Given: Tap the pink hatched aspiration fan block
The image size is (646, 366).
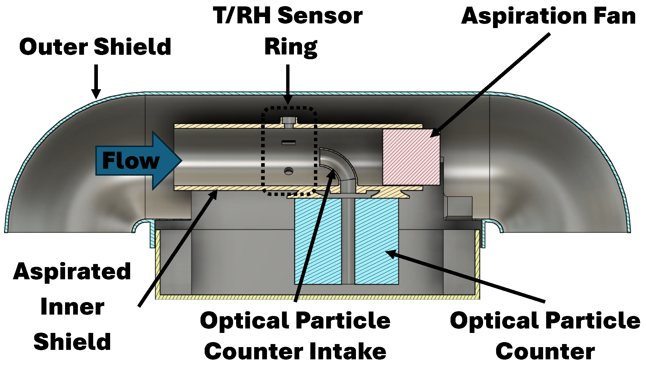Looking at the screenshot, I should [x=411, y=157].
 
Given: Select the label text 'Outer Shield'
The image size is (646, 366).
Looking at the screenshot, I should [x=95, y=47].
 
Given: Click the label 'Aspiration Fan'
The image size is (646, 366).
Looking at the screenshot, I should [x=548, y=16].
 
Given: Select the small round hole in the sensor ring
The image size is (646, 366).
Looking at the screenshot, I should [x=289, y=171].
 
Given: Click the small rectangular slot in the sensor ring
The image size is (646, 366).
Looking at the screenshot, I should [x=289, y=143].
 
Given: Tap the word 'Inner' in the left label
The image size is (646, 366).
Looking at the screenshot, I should [x=72, y=307].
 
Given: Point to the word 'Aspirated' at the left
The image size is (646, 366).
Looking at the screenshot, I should [x=72, y=272].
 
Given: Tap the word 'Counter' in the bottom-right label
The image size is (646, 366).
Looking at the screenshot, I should [x=545, y=352].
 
